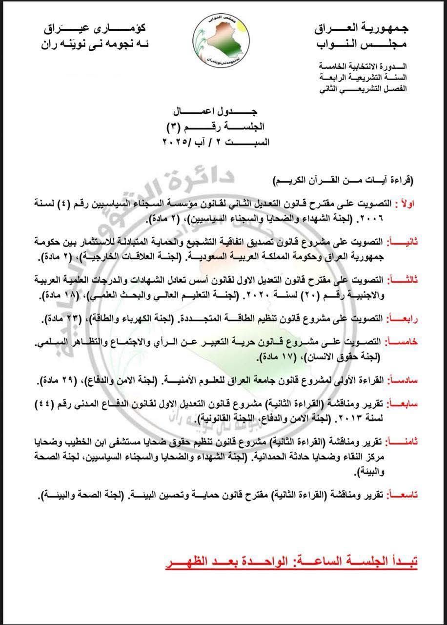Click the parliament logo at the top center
223,43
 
